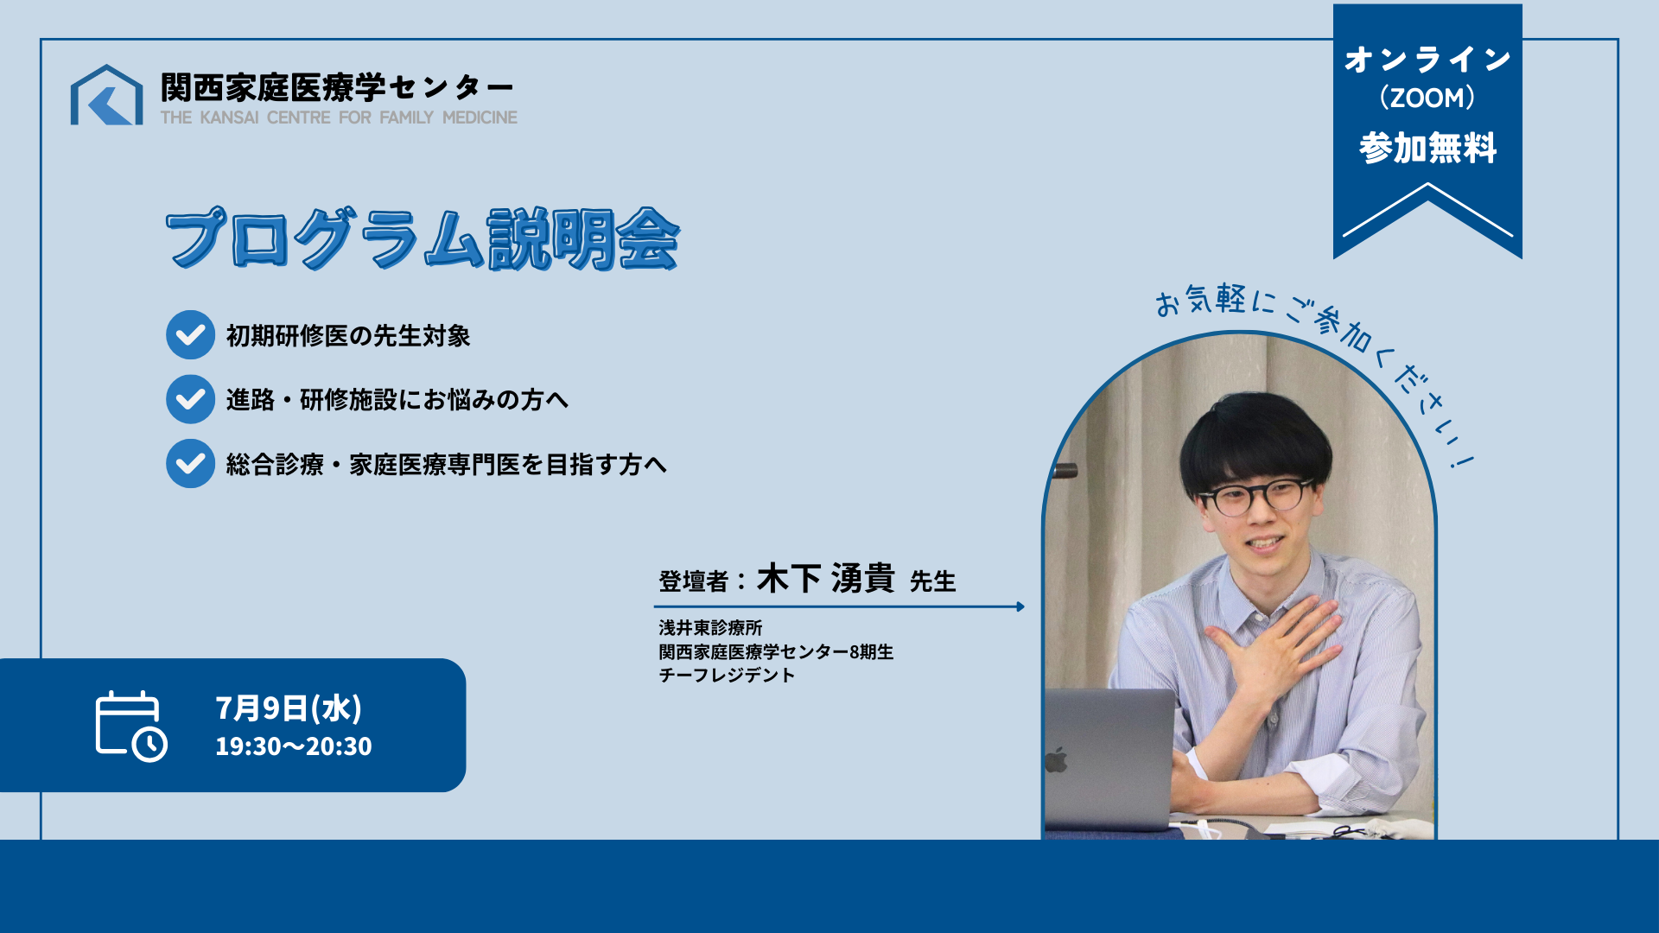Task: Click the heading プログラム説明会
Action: [423, 238]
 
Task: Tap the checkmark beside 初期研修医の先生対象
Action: [190, 335]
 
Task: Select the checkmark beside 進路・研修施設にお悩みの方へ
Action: [190, 399]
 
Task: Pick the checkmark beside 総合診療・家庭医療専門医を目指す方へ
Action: [190, 464]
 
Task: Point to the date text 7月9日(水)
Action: [289, 708]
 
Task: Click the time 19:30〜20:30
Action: [294, 746]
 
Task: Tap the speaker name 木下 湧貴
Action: [825, 579]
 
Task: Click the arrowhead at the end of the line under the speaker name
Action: [1020, 606]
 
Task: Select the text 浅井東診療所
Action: [710, 628]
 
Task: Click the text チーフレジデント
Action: [727, 676]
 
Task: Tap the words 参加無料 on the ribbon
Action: [1427, 149]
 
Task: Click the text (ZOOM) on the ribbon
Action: [1427, 98]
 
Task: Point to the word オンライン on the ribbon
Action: [1427, 60]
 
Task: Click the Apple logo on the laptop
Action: [1057, 760]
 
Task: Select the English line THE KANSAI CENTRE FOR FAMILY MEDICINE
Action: [339, 117]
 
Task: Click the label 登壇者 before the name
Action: [693, 581]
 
